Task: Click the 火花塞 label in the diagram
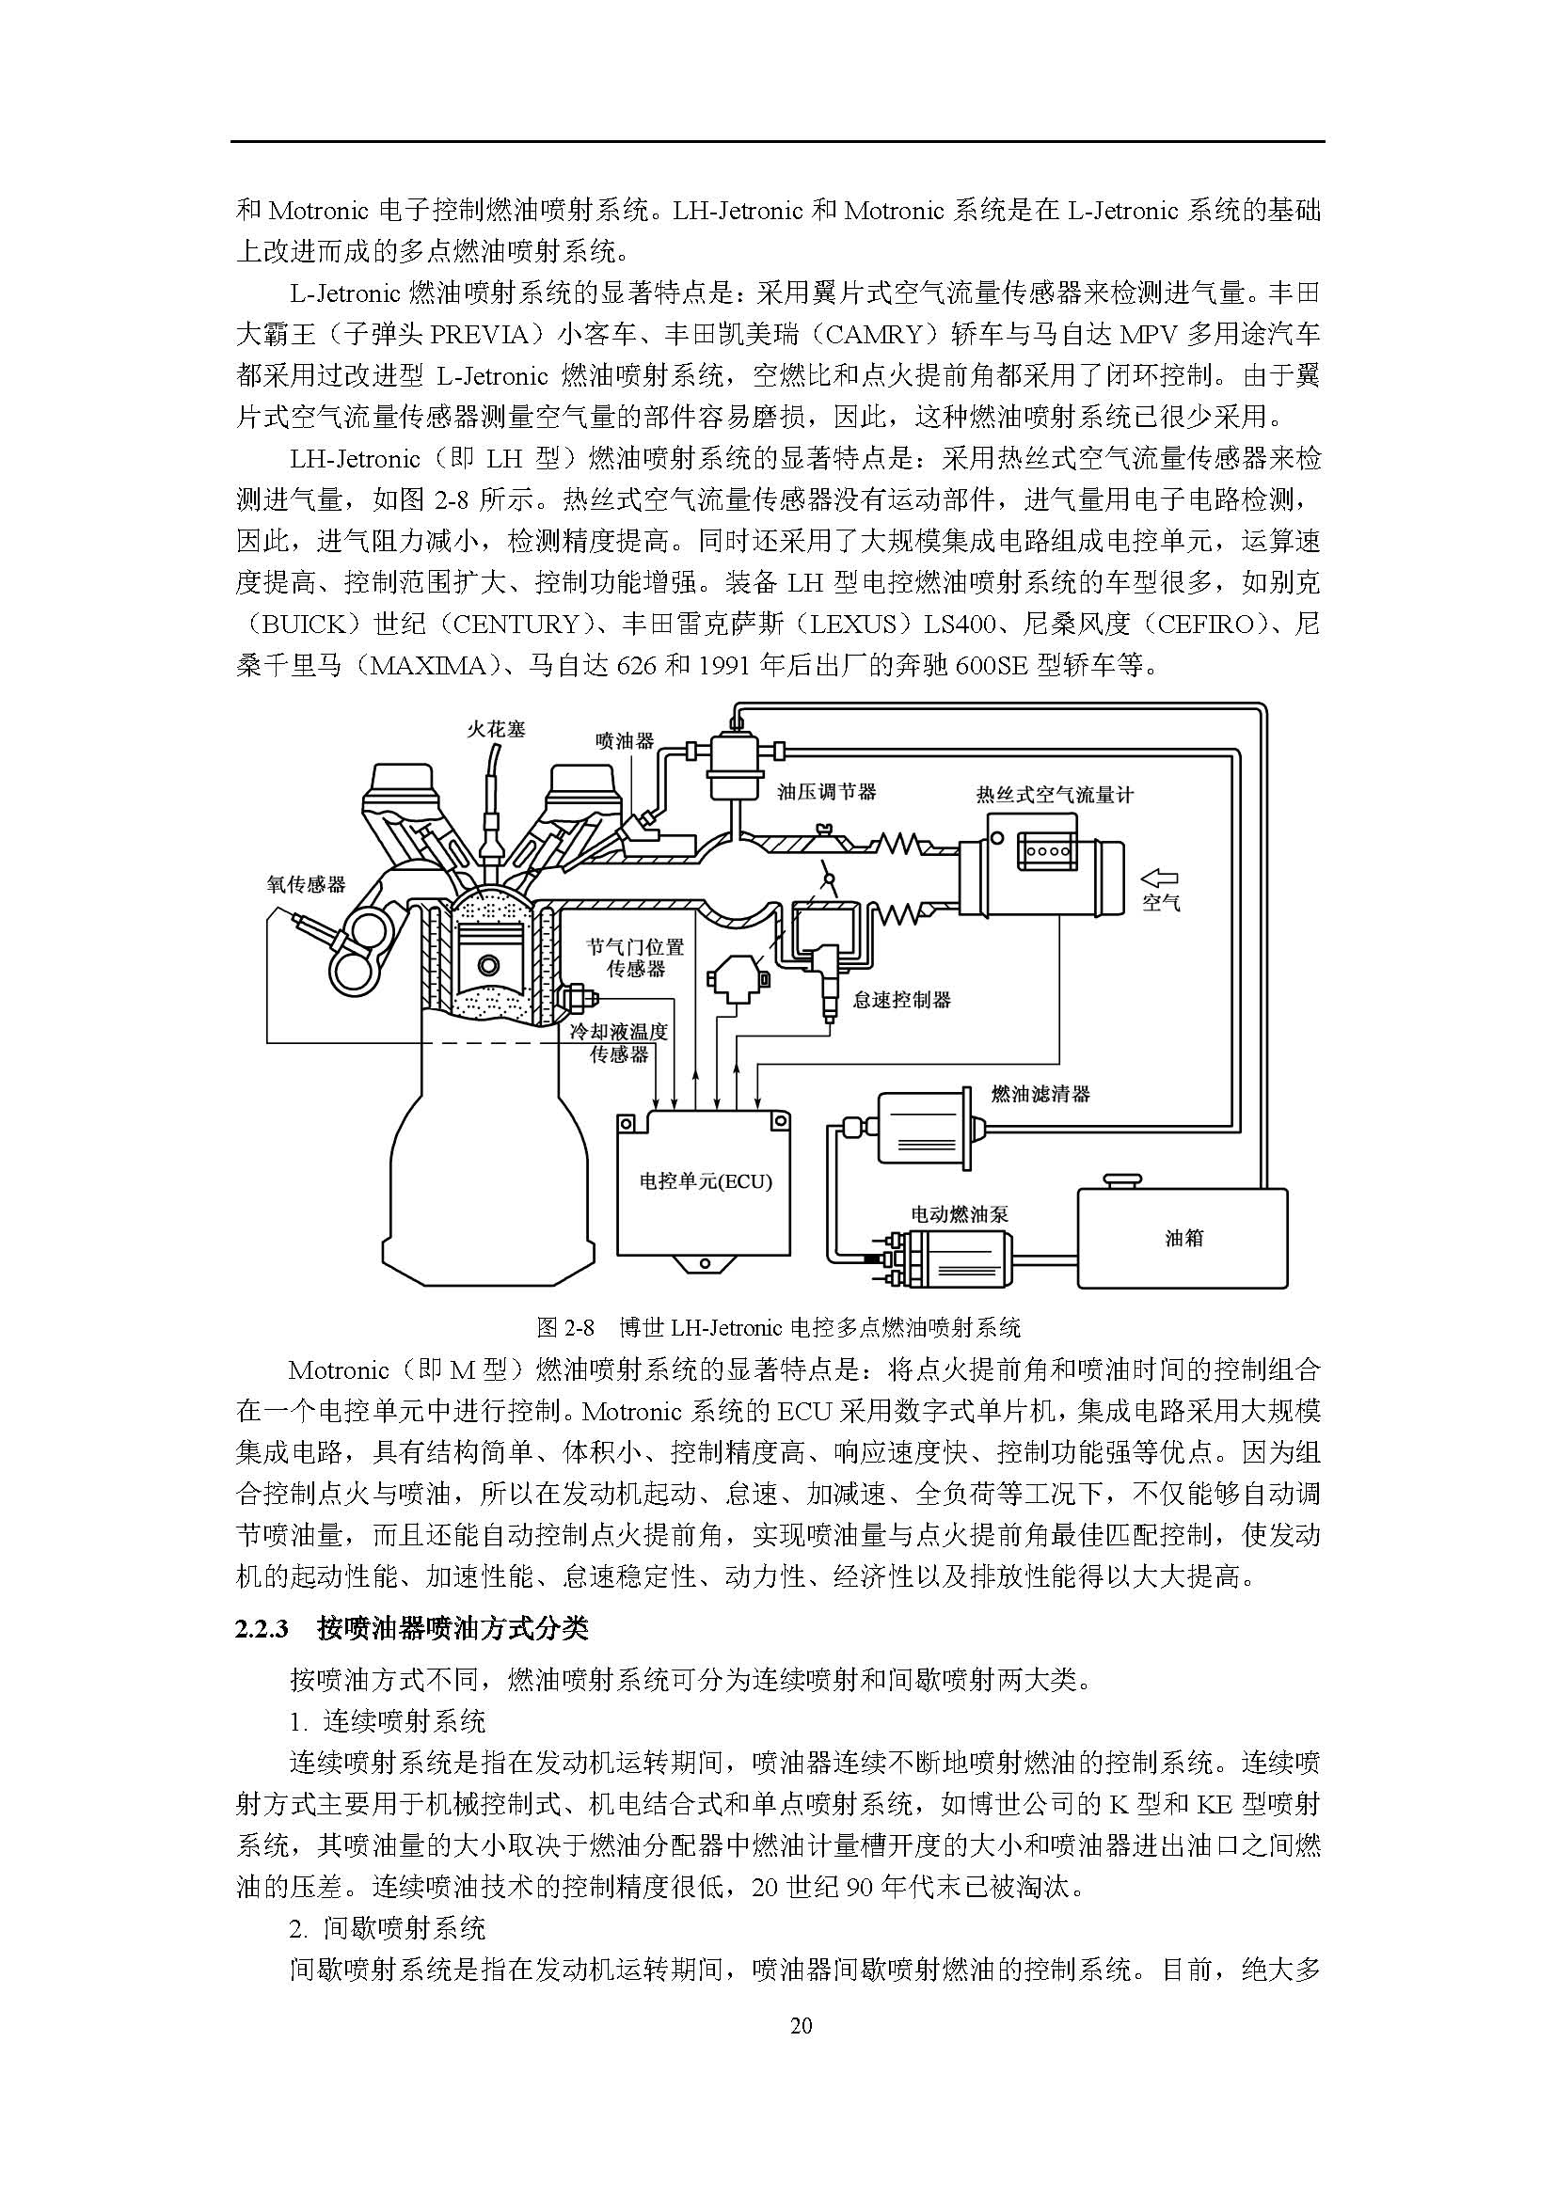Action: click(497, 729)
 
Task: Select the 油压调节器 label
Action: click(826, 791)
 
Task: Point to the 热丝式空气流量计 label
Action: click(1054, 795)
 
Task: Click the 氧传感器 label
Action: click(306, 883)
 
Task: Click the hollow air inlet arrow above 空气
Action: click(1160, 877)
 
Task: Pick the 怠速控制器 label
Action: click(901, 1000)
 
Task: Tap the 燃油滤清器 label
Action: click(1040, 1093)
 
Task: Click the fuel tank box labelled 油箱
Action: click(1183, 1238)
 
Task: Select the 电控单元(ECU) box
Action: click(706, 1182)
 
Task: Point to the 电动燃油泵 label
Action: click(961, 1214)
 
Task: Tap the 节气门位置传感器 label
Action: click(636, 958)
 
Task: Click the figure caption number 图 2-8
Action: click(565, 1327)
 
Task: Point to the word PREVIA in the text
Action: click(480, 335)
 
